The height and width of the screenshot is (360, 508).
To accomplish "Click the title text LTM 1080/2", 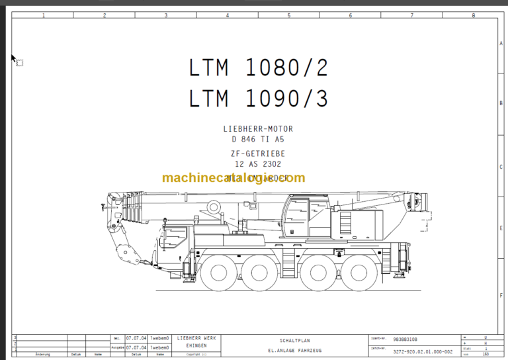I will tap(258, 67).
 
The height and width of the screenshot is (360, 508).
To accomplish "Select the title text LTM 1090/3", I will tap(258, 99).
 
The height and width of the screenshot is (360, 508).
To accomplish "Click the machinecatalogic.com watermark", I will tap(233, 177).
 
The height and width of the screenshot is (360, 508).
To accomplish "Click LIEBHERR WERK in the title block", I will tap(196, 338).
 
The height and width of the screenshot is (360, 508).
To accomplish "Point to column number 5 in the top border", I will tap(288, 15).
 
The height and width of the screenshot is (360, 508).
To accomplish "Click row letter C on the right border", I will tap(501, 167).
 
